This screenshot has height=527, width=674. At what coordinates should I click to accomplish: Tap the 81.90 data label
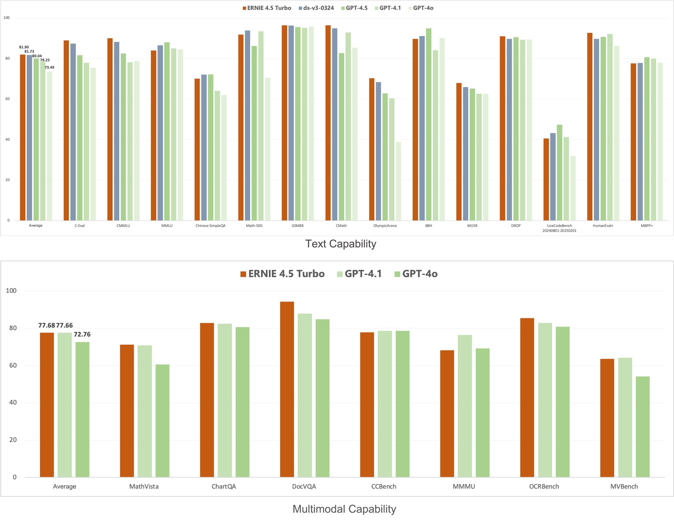[x=24, y=47]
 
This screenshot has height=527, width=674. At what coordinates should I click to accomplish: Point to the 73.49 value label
[x=49, y=67]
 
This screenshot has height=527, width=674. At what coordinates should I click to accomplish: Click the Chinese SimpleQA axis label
[x=210, y=225]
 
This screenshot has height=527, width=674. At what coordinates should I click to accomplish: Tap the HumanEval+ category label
[x=603, y=225]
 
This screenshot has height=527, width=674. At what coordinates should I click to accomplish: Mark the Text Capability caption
[x=340, y=244]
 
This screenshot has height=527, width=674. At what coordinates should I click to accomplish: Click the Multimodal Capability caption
[x=344, y=509]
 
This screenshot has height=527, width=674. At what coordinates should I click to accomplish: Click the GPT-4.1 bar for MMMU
[x=465, y=406]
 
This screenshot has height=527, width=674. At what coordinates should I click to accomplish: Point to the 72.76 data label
[x=82, y=334]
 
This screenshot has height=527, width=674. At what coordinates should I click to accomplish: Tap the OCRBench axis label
[x=544, y=487]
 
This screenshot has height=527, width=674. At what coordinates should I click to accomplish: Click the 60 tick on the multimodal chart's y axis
[x=13, y=365]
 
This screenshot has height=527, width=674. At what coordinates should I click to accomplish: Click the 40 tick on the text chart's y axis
[x=7, y=139]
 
